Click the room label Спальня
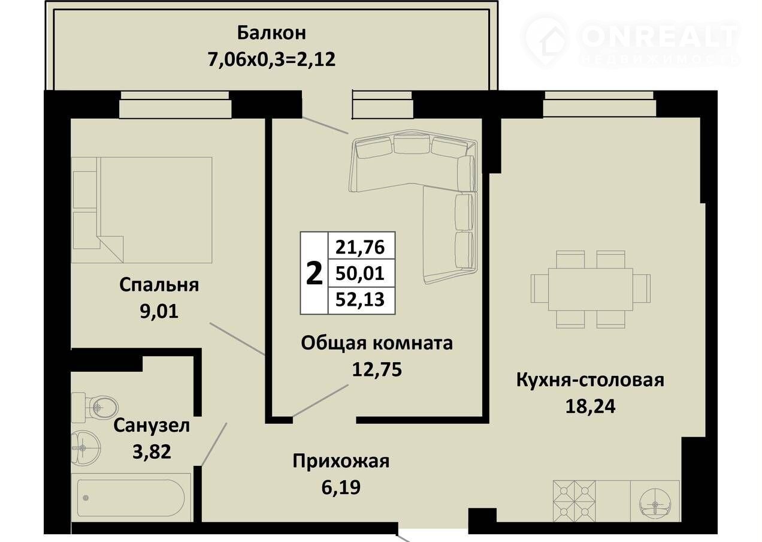159,286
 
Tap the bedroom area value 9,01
159,312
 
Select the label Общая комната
377,343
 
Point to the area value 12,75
377,369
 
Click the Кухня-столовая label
590,380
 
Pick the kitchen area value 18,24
590,406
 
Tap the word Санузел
152,426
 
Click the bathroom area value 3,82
152,452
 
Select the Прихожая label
341,462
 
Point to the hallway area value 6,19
341,487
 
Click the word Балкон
271,33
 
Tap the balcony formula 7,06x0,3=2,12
271,59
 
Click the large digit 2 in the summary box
314,273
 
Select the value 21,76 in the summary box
360,248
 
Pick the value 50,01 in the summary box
360,273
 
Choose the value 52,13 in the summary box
360,300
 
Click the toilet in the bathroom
95,407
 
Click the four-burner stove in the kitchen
574,501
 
